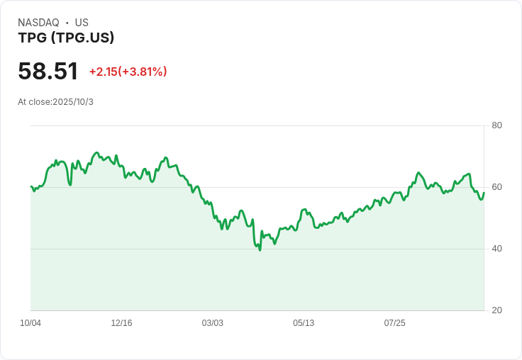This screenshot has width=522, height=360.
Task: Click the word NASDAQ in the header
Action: pyautogui.click(x=38, y=23)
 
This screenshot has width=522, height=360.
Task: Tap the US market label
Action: pyautogui.click(x=82, y=23)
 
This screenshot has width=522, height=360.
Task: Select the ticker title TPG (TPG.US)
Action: pyautogui.click(x=66, y=38)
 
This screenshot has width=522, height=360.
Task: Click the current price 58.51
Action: pyautogui.click(x=48, y=71)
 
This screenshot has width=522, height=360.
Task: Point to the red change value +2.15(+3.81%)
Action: pyautogui.click(x=128, y=72)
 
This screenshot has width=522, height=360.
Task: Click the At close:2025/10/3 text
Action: pyautogui.click(x=55, y=102)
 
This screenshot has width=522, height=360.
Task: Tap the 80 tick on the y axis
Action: pyautogui.click(x=496, y=125)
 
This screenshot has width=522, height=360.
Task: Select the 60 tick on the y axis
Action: pyautogui.click(x=496, y=187)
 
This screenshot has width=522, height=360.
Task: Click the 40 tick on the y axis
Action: pyautogui.click(x=496, y=249)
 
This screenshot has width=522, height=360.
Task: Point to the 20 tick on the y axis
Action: pyautogui.click(x=496, y=310)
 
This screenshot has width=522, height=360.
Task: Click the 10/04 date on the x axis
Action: pyautogui.click(x=30, y=323)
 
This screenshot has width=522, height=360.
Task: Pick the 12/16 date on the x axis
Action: pyautogui.click(x=121, y=323)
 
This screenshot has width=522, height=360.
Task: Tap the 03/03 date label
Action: pyautogui.click(x=212, y=323)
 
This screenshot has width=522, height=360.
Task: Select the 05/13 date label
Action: pyautogui.click(x=304, y=323)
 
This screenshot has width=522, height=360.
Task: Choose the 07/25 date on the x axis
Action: pyautogui.click(x=394, y=323)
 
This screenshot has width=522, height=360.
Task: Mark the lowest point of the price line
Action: pyautogui.click(x=260, y=250)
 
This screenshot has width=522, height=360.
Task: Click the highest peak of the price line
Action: pyautogui.click(x=97, y=152)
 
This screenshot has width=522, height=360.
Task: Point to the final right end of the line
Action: pyautogui.click(x=484, y=193)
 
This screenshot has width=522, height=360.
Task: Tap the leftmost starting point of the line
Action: pyautogui.click(x=31, y=186)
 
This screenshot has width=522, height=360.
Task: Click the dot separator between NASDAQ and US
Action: pyautogui.click(x=67, y=23)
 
